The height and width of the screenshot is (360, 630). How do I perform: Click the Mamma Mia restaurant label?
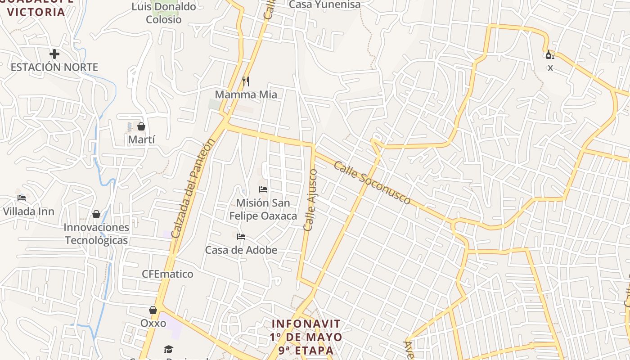point(246,94)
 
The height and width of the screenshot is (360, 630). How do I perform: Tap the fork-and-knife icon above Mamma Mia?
point(246,81)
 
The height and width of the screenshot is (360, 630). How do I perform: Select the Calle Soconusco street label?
point(372,183)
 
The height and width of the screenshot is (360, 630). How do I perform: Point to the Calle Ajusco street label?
point(310,200)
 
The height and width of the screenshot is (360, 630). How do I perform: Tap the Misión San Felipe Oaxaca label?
point(263,209)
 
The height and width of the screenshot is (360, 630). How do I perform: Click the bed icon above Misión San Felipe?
point(263,189)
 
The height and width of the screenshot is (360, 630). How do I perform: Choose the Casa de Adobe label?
point(241,250)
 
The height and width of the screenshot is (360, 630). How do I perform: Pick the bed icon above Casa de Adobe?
point(241,237)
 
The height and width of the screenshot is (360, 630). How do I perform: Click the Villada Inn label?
point(28,211)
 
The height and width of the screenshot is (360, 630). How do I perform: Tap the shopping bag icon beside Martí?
point(141,126)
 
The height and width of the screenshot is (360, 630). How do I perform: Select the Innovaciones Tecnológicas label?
point(96,234)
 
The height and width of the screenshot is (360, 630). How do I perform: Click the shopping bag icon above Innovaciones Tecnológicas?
point(96,214)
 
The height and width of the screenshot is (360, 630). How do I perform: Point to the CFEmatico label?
point(167,274)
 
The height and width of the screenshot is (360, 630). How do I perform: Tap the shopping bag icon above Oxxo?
point(153,310)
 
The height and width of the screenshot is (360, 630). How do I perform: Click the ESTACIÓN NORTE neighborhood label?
point(54,67)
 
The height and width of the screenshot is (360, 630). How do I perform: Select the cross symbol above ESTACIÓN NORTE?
point(54,54)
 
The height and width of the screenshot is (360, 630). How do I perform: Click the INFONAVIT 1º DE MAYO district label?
point(306,337)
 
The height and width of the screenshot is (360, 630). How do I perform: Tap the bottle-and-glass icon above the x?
point(550,55)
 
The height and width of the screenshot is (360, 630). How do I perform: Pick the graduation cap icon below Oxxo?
point(168,349)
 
